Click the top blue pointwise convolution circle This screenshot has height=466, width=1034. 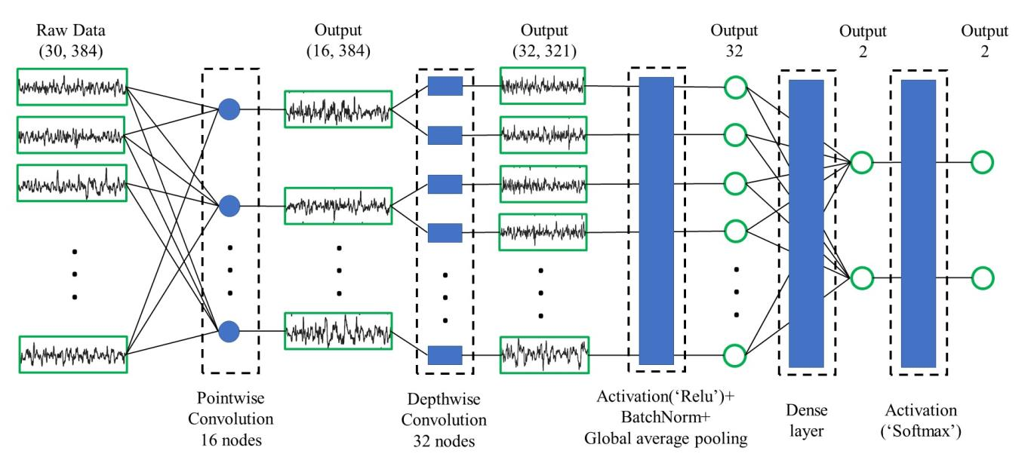click(229, 110)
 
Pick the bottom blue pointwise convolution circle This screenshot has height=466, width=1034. click(229, 330)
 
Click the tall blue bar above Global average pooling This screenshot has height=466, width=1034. click(656, 220)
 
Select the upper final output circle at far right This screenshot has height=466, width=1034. click(982, 161)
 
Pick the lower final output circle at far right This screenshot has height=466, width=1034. click(982, 277)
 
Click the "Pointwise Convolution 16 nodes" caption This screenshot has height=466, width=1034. click(230, 418)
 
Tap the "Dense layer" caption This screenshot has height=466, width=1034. click(807, 421)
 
